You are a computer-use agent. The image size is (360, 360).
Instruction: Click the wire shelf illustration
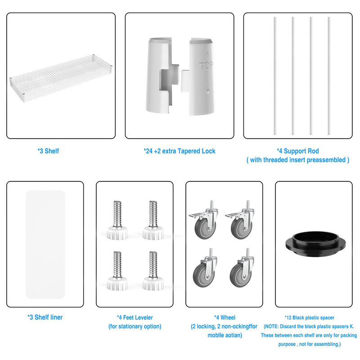tap(61, 78)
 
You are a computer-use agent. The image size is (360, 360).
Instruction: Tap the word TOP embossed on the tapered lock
tap(206, 66)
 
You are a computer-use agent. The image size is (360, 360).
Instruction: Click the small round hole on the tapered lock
tap(208, 91)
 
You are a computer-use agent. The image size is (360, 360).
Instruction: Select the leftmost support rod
tap(275, 76)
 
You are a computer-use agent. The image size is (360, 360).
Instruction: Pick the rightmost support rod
tap(329, 76)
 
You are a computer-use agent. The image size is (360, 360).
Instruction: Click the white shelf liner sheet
tap(45, 244)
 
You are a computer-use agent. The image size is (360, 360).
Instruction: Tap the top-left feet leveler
tap(117, 220)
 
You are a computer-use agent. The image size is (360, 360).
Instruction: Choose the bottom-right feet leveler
tap(153, 271)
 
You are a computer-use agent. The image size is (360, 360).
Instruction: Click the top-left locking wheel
tap(204, 220)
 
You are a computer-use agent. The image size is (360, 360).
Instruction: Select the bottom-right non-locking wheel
tap(242, 268)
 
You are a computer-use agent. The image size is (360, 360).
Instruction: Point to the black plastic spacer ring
tap(315, 244)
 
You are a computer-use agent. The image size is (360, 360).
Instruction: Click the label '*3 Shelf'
tap(48, 151)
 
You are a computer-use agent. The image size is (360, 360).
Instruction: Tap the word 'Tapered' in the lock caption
tap(189, 151)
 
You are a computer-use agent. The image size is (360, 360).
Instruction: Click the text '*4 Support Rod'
tap(298, 151)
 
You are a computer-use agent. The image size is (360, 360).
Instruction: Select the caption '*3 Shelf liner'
tap(45, 317)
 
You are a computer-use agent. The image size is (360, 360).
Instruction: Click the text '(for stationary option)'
tap(135, 326)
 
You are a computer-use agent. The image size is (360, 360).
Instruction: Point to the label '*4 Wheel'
tap(225, 318)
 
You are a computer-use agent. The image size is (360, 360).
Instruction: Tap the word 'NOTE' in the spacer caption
tap(271, 327)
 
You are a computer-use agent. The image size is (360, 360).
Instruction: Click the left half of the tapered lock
tap(162, 76)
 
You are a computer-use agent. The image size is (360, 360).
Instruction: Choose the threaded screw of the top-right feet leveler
tap(153, 214)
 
